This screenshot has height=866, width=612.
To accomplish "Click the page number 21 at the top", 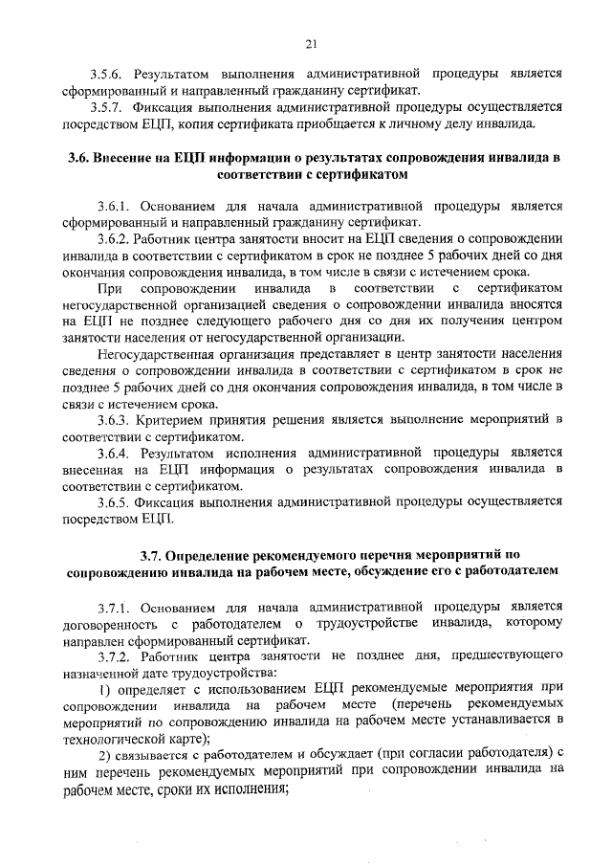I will click(x=311, y=42).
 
